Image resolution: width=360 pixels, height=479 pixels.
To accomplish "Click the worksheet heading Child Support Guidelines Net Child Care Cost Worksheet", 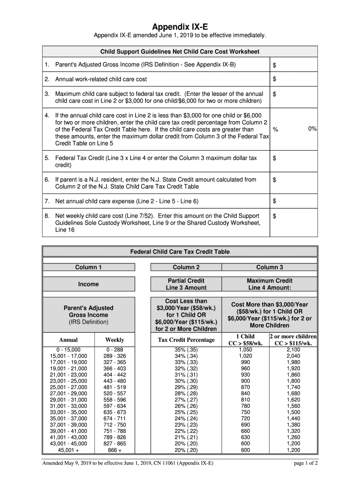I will (x=180, y=51).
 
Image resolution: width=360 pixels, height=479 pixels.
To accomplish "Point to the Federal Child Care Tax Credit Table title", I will (x=180, y=252).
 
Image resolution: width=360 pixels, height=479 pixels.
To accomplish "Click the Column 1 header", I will (x=88, y=267).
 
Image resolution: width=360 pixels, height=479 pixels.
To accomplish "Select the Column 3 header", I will (x=269, y=267).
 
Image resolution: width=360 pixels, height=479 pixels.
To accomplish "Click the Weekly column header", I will (x=115, y=340).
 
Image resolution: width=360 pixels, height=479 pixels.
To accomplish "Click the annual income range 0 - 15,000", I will (x=68, y=349).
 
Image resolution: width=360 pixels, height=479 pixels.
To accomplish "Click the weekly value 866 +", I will (x=115, y=450).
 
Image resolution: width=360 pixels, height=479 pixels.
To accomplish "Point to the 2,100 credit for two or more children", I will (x=293, y=349).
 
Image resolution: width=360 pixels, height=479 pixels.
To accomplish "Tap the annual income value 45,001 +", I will (x=68, y=450).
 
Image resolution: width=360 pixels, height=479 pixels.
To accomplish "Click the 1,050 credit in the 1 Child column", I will (x=245, y=349).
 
